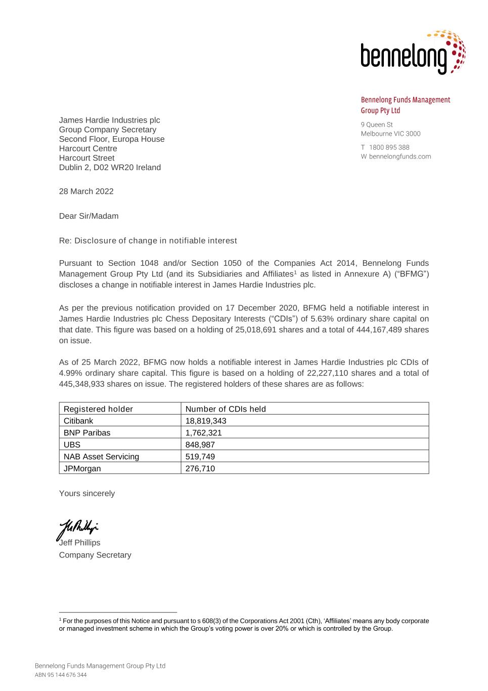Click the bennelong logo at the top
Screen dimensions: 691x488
(413, 53)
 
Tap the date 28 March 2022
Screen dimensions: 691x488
(86, 191)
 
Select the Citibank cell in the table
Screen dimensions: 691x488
(78, 421)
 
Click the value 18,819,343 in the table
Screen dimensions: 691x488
(206, 421)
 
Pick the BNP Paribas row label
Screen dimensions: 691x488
(87, 433)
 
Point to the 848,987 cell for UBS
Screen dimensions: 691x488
(200, 444)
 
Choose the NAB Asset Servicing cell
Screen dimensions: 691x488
(101, 457)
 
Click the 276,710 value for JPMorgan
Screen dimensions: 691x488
(200, 468)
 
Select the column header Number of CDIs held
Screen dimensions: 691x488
(226, 409)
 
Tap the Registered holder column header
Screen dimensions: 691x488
(98, 409)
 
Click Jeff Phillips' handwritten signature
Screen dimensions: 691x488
(77, 529)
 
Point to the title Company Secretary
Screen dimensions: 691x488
(95, 555)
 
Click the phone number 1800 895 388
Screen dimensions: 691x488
(389, 147)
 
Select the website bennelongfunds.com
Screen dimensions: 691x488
(400, 156)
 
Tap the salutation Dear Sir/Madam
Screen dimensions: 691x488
(89, 216)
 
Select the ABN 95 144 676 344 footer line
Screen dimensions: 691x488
(61, 675)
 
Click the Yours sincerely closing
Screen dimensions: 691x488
(87, 493)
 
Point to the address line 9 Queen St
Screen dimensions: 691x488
(377, 125)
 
